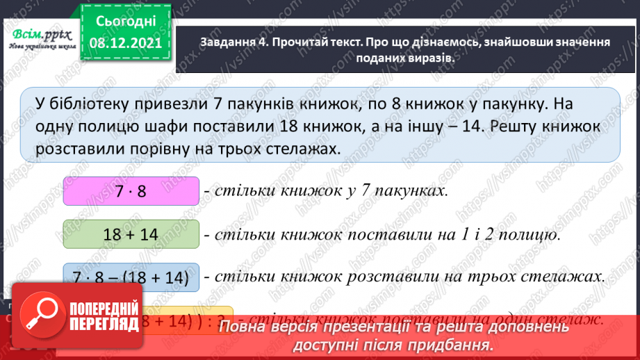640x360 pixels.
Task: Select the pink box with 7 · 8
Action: click(131, 191)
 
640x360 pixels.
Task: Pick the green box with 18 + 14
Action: click(131, 234)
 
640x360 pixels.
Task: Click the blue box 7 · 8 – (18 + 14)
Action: click(131, 277)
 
